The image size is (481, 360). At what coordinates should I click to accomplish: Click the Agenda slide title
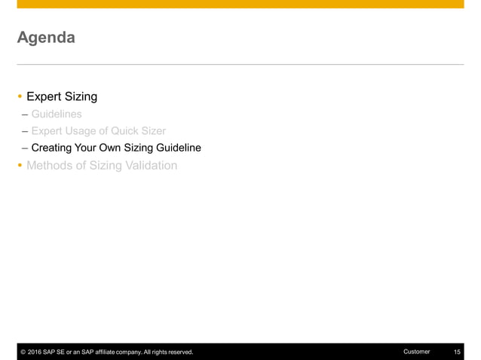tap(46, 37)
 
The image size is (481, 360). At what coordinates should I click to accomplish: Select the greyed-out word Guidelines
tap(57, 114)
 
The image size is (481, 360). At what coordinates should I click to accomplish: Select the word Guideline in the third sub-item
tap(177, 148)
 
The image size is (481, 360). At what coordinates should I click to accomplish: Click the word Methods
tap(48, 165)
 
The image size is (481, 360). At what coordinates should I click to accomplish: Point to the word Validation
tap(151, 165)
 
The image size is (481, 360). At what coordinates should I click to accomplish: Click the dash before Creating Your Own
tap(25, 148)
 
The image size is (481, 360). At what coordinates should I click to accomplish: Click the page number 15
tap(457, 352)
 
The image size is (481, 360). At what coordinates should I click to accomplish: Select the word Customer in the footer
tap(417, 352)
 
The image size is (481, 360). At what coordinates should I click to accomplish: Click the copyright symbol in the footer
tap(23, 352)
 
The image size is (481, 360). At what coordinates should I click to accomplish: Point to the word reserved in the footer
tap(178, 352)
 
